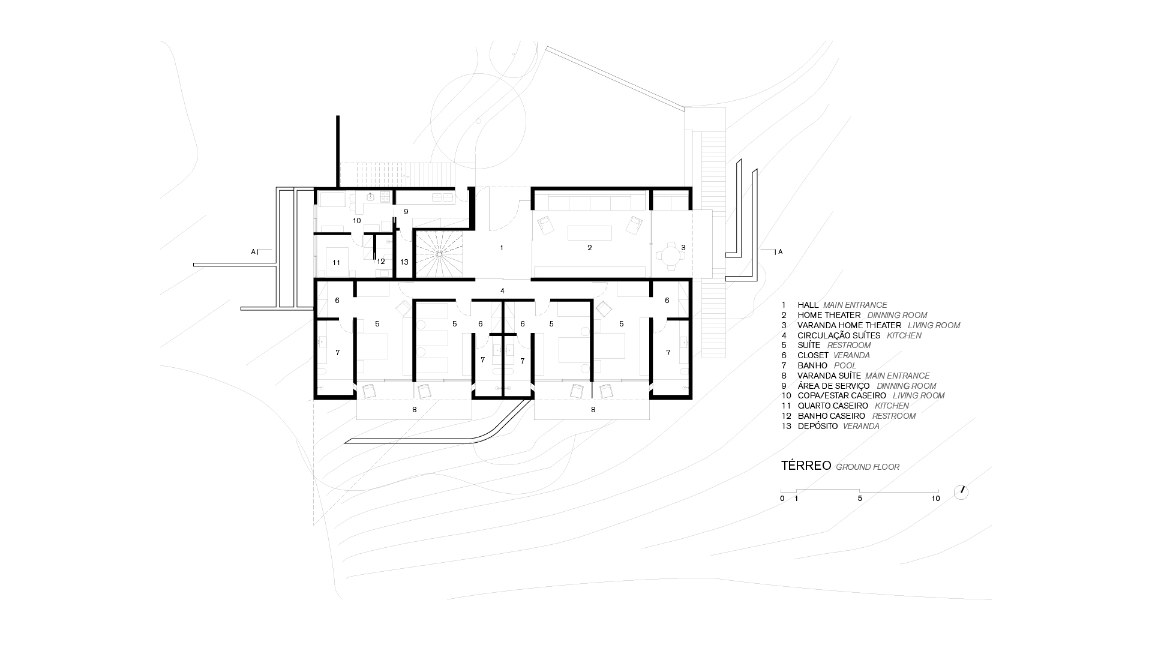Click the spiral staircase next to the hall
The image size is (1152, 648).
pos(439,254)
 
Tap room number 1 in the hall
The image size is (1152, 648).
pos(502,248)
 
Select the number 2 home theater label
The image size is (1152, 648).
pos(589,248)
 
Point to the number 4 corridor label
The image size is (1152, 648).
pos(502,291)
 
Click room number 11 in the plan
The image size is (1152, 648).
pos(337,263)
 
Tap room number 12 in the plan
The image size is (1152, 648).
pos(381,262)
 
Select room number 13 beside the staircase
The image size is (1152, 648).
pos(404,262)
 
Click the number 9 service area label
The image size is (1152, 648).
pos(406,212)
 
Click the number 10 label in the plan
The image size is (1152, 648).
pos(357,221)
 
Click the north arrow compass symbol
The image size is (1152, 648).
pos(961,492)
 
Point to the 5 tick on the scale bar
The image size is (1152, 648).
pos(860,498)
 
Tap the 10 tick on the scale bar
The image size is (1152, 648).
pos(935,498)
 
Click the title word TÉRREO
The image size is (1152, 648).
pos(806,466)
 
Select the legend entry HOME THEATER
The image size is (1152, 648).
pos(829,315)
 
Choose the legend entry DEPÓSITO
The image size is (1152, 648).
pos(817,426)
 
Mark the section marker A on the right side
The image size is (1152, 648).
pos(780,252)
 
